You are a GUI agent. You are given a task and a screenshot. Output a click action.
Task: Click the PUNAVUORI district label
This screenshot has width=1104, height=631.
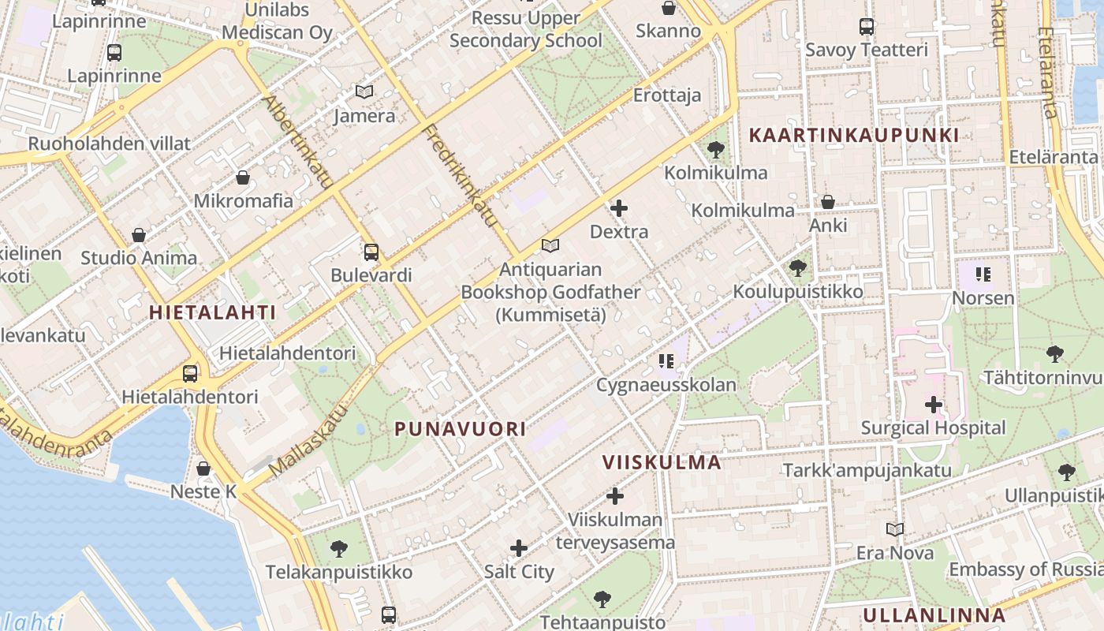tap(460, 429)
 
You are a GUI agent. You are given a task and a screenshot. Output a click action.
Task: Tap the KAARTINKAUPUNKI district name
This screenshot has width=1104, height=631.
tap(853, 135)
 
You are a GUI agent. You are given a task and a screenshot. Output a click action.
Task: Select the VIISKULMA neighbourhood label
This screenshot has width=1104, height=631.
tap(662, 462)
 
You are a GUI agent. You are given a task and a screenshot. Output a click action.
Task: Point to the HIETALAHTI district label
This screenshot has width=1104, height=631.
tap(213, 312)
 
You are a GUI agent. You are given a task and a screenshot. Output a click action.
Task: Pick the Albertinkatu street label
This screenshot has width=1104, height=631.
tap(299, 143)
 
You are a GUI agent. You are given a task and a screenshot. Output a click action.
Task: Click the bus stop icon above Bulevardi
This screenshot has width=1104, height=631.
tap(371, 252)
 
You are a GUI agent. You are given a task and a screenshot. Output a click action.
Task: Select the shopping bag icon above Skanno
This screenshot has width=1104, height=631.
tap(669, 9)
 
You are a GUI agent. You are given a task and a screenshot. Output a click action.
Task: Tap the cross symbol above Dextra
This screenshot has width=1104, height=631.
tap(619, 208)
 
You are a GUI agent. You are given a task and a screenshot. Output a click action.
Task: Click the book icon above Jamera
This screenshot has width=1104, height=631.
tap(364, 92)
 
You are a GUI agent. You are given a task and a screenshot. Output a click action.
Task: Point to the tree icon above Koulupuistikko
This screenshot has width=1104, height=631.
tap(798, 268)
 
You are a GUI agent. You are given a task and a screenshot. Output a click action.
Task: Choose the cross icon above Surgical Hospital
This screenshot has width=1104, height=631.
tap(934, 405)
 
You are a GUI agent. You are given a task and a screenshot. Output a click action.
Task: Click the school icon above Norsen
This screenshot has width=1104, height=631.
tap(983, 274)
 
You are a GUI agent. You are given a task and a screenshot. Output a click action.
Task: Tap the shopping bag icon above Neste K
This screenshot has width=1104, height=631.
tap(203, 469)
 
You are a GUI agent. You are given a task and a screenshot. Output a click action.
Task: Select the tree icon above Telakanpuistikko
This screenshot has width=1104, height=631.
tap(339, 548)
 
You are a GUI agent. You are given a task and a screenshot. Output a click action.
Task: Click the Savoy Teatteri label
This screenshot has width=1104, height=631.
tap(867, 50)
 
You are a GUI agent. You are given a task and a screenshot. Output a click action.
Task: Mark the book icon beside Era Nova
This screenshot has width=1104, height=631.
tap(895, 529)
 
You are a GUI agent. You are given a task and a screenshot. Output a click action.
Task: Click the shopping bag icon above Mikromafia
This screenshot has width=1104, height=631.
tap(243, 177)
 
